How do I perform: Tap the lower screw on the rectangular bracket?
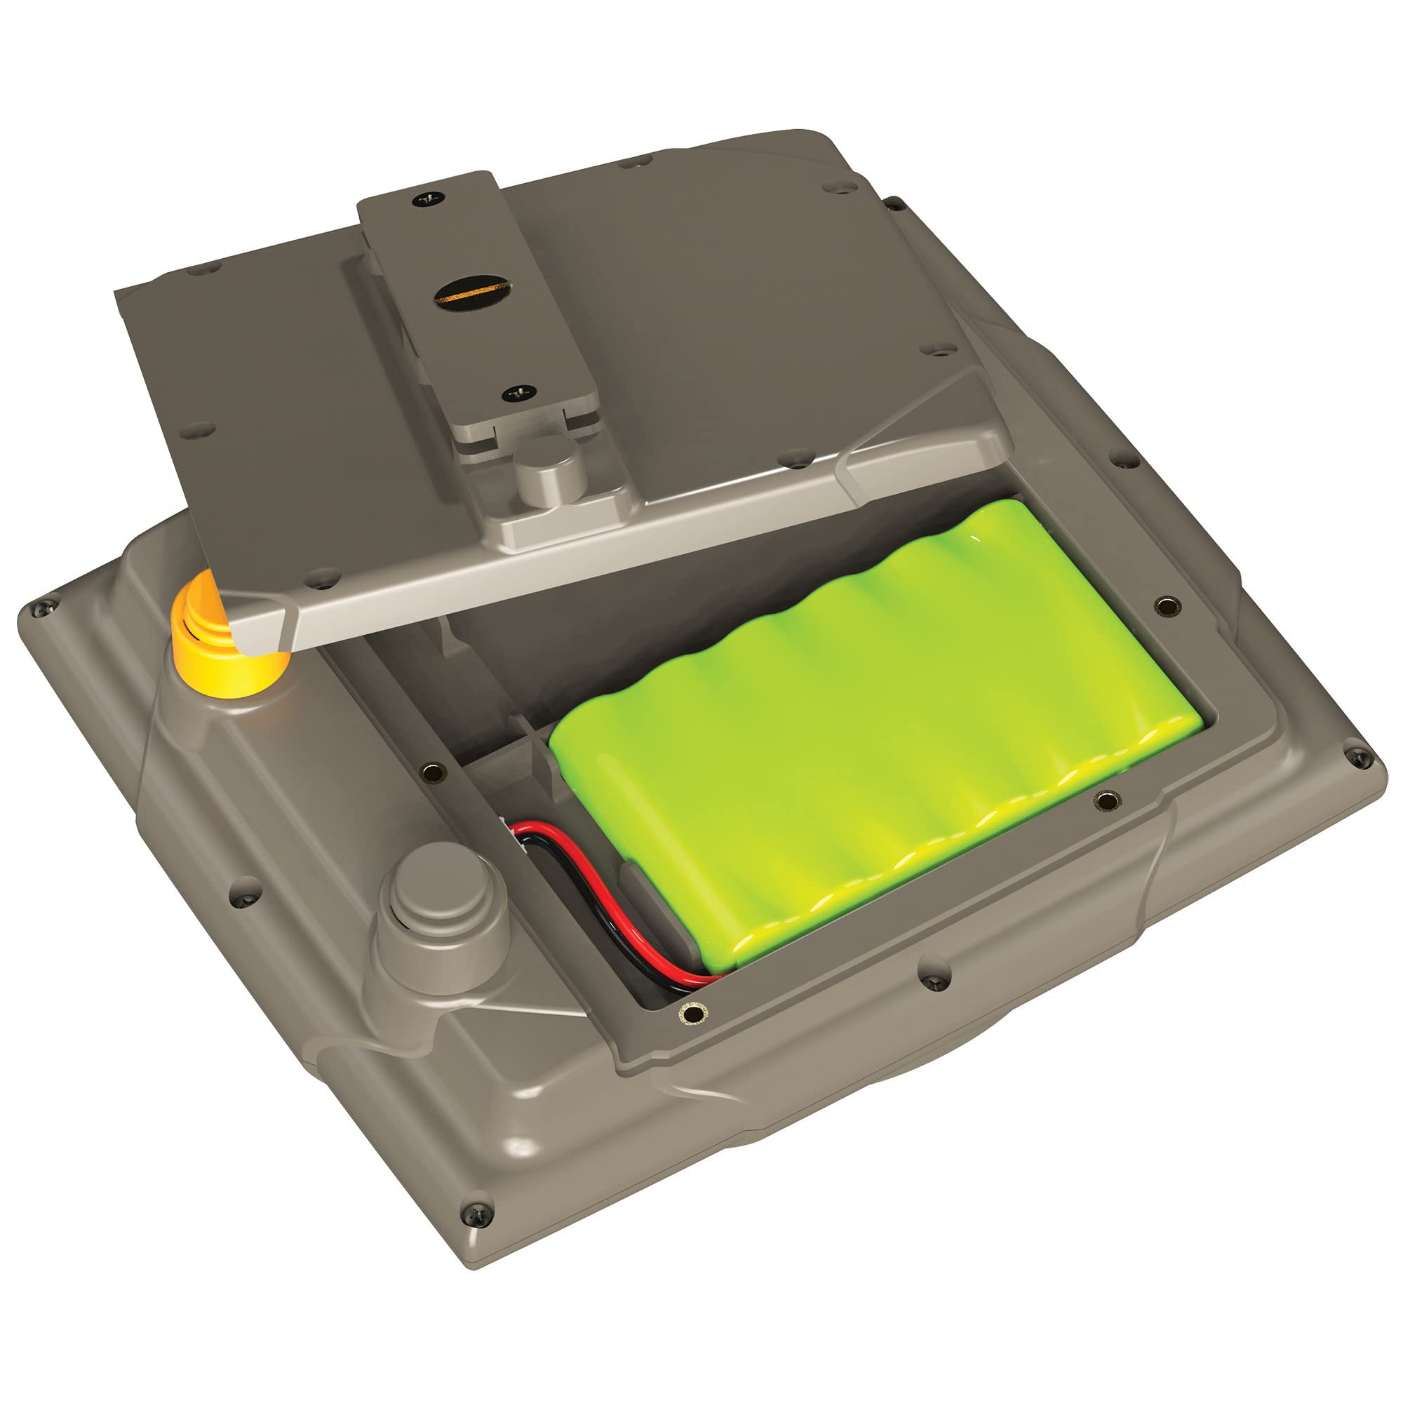click(x=518, y=392)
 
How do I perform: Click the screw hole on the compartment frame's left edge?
click(x=434, y=770)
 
